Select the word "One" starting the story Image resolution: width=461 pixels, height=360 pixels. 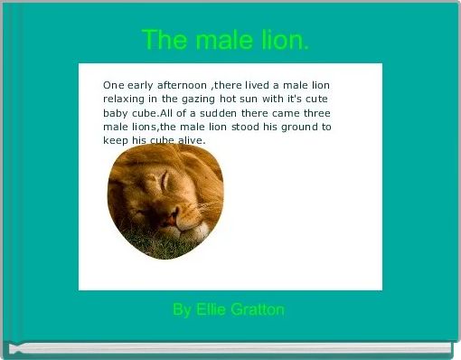[114, 83]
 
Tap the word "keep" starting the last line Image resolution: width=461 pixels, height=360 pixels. [116, 141]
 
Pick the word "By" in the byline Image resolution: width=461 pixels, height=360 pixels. [183, 310]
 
